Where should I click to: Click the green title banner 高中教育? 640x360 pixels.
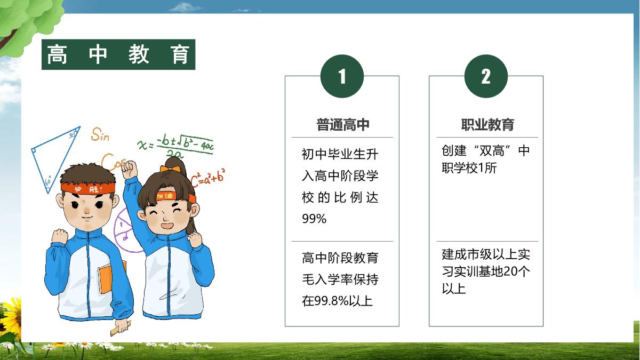pos(118,54)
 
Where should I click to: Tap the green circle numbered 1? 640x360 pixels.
pos(342,76)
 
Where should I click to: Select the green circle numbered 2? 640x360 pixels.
pos(486,76)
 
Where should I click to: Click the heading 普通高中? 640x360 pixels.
pos(343,125)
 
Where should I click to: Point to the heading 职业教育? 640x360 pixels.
pos(487,125)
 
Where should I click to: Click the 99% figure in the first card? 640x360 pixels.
pos(314,219)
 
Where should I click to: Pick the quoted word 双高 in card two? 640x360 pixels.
pos(492,150)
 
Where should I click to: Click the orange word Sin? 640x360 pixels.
pos(100,134)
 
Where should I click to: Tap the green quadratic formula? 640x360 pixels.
pos(175,146)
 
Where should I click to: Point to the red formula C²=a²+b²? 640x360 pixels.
pos(207,178)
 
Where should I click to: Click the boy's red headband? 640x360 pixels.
pos(88,188)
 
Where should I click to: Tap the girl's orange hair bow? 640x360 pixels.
pos(170,169)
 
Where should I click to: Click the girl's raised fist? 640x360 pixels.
pos(130,170)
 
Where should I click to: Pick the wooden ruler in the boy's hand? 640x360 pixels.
pos(121,329)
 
